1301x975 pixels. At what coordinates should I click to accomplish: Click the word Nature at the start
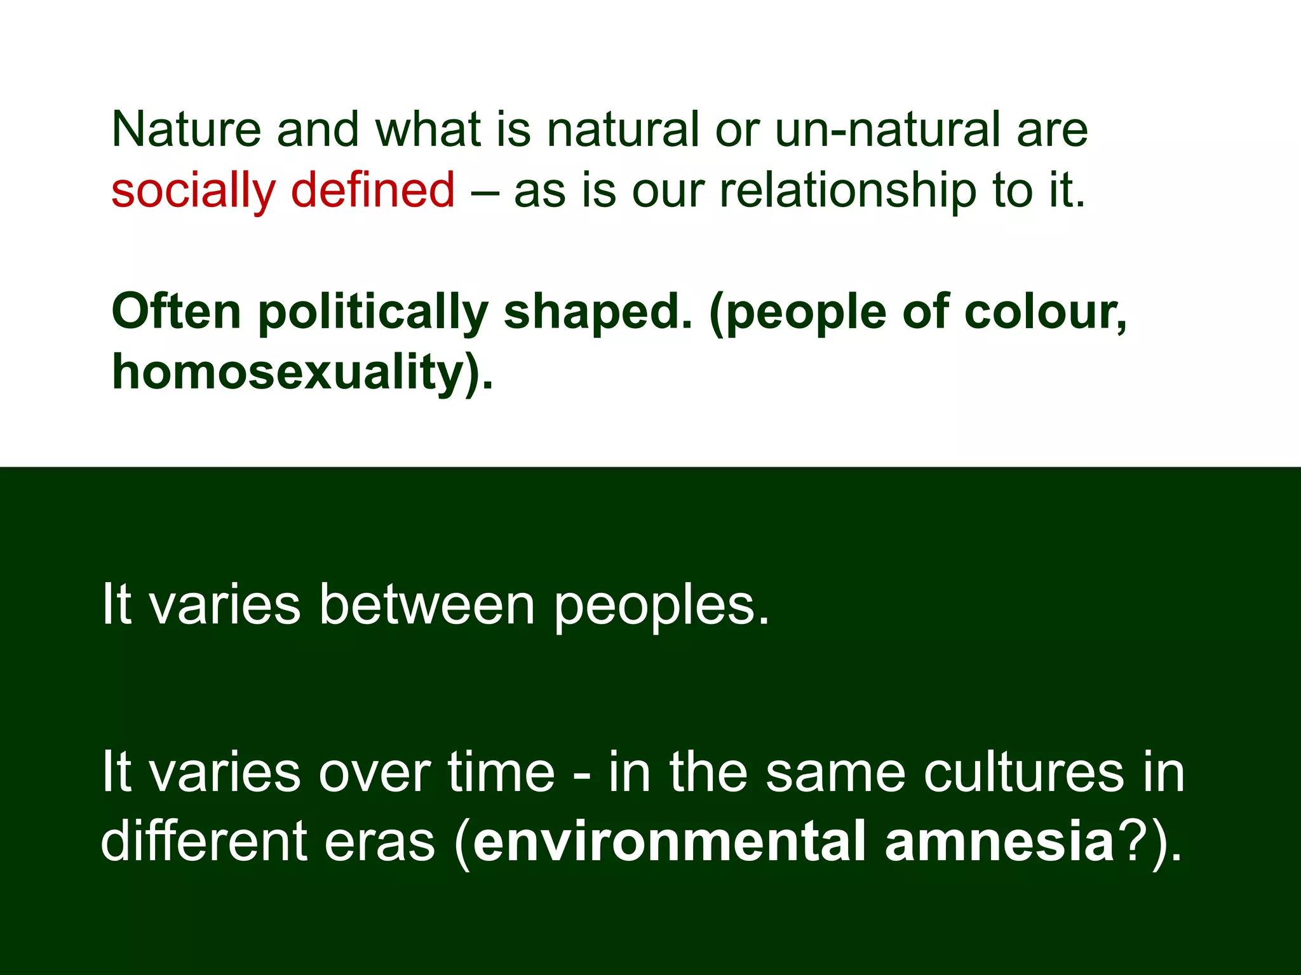coord(186,130)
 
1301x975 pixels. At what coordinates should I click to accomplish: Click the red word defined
coord(373,190)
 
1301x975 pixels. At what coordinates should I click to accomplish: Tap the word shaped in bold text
coord(597,313)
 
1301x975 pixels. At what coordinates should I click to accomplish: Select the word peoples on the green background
coord(661,606)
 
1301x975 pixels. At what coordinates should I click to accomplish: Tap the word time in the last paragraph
coord(501,773)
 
